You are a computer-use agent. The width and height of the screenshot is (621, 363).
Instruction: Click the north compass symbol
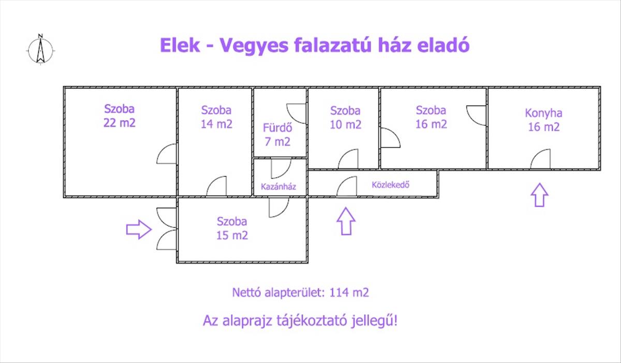point(40,49)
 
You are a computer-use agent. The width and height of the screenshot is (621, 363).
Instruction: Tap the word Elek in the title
point(180,46)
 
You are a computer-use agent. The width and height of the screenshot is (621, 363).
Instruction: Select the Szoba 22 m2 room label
point(120,116)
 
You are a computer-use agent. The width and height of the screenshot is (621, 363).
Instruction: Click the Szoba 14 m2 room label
point(216,117)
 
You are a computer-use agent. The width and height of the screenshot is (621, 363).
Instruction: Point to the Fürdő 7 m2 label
point(276,134)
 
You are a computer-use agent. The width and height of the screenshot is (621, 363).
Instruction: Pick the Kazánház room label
point(278,187)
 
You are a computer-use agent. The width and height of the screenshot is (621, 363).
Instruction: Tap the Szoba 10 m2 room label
point(345,118)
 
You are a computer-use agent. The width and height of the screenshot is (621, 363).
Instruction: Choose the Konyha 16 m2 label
point(543,120)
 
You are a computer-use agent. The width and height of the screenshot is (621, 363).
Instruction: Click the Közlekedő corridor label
point(391,184)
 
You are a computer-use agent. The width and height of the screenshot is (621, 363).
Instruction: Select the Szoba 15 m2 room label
point(232,228)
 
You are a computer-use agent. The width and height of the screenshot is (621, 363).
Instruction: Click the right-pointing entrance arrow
point(139,228)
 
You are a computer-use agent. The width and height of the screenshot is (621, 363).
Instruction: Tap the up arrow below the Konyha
point(539,195)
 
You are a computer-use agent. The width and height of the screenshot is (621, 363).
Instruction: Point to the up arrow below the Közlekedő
point(346,221)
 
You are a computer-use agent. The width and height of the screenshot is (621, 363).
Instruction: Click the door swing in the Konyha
point(540,159)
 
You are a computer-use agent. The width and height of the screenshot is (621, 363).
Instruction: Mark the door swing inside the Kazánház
point(280,169)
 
